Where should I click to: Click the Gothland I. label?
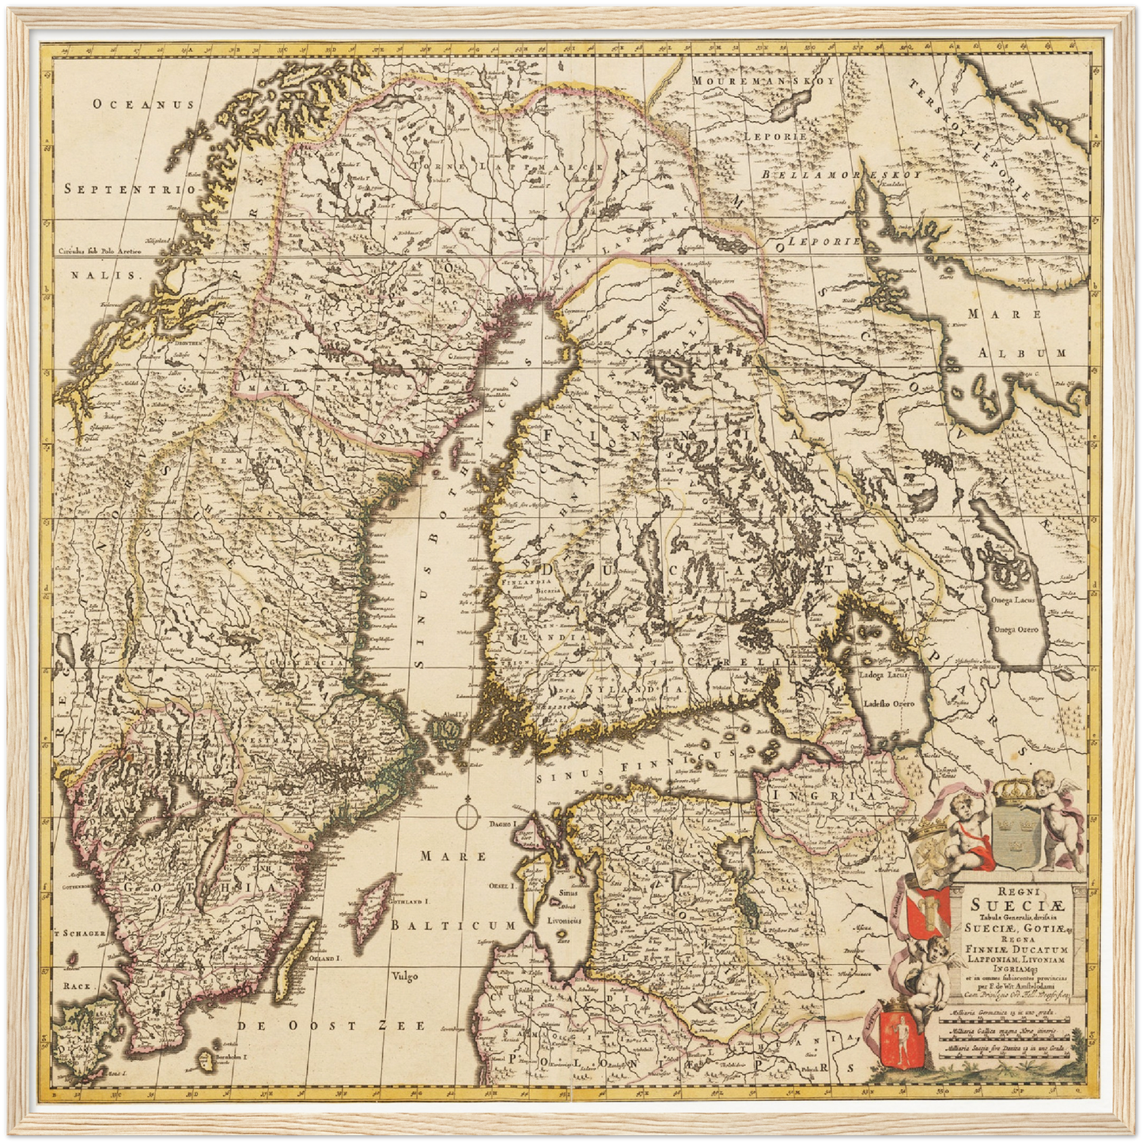coord(409,900)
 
